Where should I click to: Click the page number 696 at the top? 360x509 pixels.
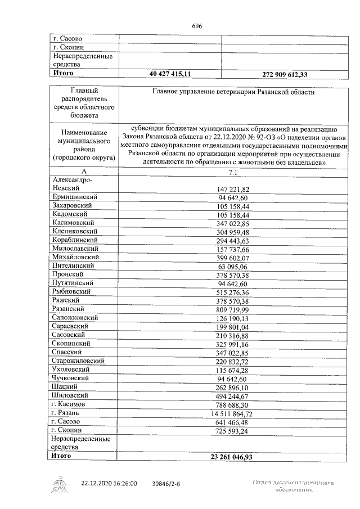pos(197,26)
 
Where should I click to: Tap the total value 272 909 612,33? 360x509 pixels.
pos(286,74)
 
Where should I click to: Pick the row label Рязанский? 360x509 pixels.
pos(69,309)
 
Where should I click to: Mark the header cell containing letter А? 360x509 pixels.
pos(84,170)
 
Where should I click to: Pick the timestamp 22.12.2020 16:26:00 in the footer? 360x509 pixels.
pos(109,483)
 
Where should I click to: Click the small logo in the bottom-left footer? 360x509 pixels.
pos(60,484)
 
